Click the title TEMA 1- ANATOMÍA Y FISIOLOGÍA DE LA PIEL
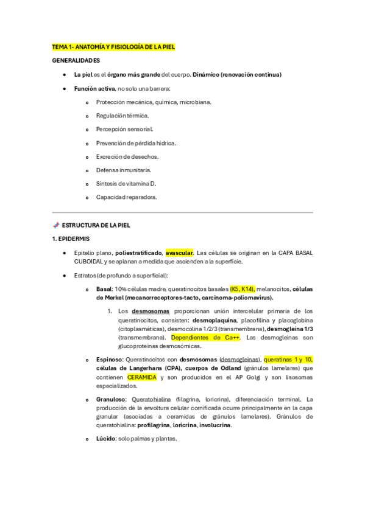tap(113, 47)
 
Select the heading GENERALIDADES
tap(76, 61)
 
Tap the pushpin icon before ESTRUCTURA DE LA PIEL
tap(56, 225)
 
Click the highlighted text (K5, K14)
tap(243, 289)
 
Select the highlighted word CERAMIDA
tap(141, 377)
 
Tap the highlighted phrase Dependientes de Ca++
tap(206, 337)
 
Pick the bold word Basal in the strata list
tap(104, 289)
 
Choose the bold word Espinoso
tap(108, 360)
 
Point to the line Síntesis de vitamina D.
tap(126, 184)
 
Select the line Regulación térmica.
tap(122, 116)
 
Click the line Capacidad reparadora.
tap(126, 197)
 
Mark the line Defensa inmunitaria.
tap(124, 170)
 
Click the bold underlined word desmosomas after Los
tap(149, 311)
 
